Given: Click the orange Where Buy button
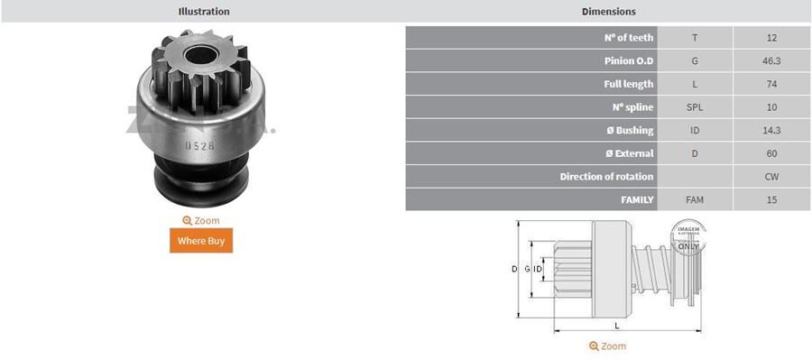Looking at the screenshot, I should point(201,240).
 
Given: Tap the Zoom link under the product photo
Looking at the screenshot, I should point(201,220).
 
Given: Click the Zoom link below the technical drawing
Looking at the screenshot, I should point(607,346).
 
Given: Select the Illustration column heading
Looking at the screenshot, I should point(204,12).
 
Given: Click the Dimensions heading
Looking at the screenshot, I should point(608,12).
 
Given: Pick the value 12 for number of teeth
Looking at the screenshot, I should point(771,38).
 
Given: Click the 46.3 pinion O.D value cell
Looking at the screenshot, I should point(771,61).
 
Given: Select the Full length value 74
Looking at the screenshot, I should point(771,84).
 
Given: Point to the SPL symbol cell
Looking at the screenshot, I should point(694,107).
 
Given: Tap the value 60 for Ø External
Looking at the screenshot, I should point(771,153).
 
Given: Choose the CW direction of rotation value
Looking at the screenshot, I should point(771,177).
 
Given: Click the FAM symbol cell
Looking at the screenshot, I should point(694,199).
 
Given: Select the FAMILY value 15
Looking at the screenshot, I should point(771,199).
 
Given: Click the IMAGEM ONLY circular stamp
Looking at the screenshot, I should point(687,237).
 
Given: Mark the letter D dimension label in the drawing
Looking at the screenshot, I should point(514,269).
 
